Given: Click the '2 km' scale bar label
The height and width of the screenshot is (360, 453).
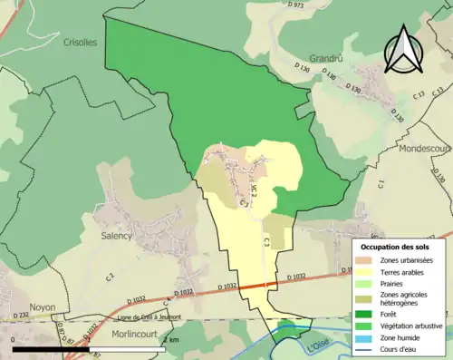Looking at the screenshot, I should pyautogui.click(x=171, y=339).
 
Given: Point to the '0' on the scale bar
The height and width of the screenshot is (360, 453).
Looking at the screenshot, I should pyautogui.click(x=14, y=339).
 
